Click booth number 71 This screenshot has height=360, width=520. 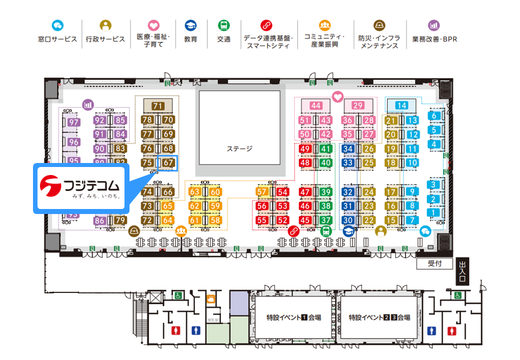click(x=158, y=105)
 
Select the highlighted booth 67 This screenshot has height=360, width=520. click(x=168, y=162)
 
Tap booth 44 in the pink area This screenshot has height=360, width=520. click(x=315, y=105)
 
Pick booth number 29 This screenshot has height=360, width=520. click(x=357, y=105)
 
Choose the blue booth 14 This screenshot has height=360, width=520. click(x=401, y=105)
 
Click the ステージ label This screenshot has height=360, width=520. click(x=239, y=148)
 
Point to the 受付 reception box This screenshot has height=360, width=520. click(x=434, y=263)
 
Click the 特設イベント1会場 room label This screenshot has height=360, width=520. click(x=293, y=317)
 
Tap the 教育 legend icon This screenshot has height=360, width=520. click(x=190, y=25)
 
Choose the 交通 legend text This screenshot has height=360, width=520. click(x=223, y=39)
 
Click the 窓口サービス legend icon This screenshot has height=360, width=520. click(x=57, y=25)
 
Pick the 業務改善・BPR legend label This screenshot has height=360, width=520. click(x=434, y=39)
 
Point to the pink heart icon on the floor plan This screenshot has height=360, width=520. click(x=338, y=97)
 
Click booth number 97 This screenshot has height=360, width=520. click(x=73, y=122)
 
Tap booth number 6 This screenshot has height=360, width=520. click(x=434, y=116)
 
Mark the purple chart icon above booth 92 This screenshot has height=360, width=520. click(x=88, y=104)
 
